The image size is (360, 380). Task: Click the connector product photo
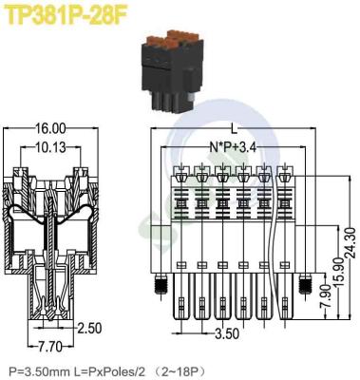[175, 75]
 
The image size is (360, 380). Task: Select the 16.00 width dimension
[52, 128]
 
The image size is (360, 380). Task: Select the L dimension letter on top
[235, 127]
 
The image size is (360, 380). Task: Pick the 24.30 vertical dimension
[350, 233]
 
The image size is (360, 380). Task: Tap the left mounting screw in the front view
[161, 284]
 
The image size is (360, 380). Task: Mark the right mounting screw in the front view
[305, 284]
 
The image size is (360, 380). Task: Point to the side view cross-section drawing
[52, 237]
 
